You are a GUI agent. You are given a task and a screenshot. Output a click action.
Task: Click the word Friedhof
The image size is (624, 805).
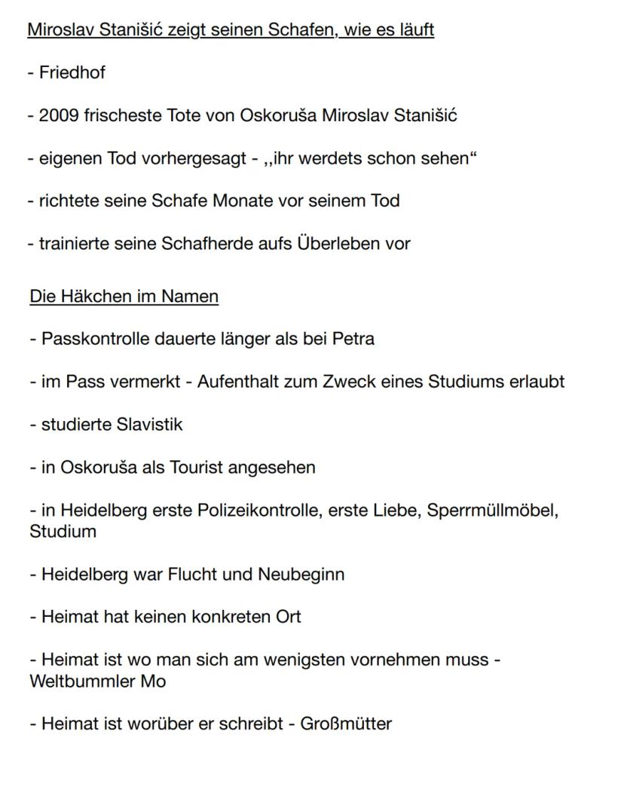(x=72, y=73)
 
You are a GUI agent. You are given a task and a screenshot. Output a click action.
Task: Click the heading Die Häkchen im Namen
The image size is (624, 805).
(x=124, y=297)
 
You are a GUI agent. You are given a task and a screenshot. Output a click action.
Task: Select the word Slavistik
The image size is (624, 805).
(x=150, y=425)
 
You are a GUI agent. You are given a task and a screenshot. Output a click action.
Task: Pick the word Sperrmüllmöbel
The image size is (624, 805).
(x=492, y=510)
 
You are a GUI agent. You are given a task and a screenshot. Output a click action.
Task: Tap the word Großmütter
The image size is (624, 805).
(x=346, y=724)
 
